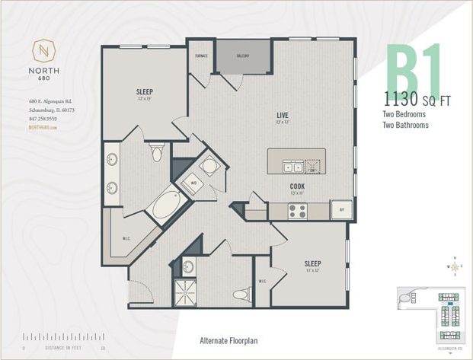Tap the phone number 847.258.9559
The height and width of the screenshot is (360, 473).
[x=43, y=119]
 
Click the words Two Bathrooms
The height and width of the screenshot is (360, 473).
[x=405, y=125]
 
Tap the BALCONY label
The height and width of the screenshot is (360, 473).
[x=244, y=56]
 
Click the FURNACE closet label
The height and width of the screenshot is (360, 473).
[x=202, y=56]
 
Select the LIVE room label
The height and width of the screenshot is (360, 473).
[x=281, y=114]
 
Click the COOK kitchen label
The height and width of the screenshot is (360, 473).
[x=297, y=186]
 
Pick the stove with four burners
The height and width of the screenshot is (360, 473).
[x=297, y=211]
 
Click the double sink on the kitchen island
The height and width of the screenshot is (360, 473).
[x=292, y=167]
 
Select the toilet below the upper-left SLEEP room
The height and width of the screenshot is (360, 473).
[x=157, y=153]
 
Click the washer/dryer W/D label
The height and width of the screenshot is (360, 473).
[x=193, y=183]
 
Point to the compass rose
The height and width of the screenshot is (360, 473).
[x=455, y=266]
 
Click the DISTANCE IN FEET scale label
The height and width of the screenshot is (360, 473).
[x=63, y=348]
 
